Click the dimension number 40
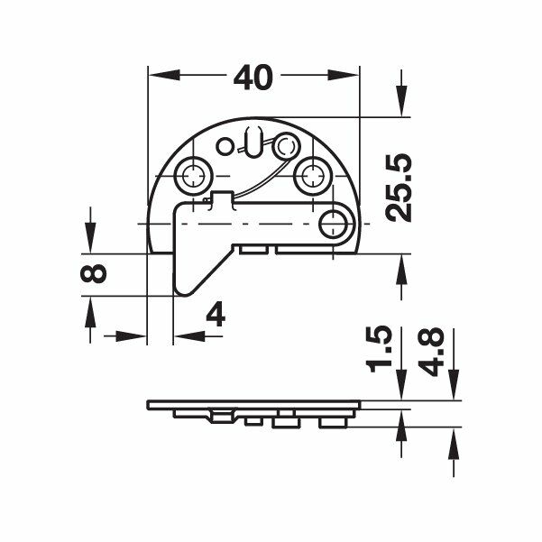click(x=253, y=78)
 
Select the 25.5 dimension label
click(x=399, y=188)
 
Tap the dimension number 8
click(x=93, y=273)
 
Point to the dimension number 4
click(x=216, y=314)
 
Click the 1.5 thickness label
click(x=381, y=348)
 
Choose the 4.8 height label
click(x=431, y=351)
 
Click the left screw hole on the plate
click(x=193, y=175)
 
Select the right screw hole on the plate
click(x=312, y=175)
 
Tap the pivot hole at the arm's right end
click(x=333, y=225)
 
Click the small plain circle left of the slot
click(x=225, y=146)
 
